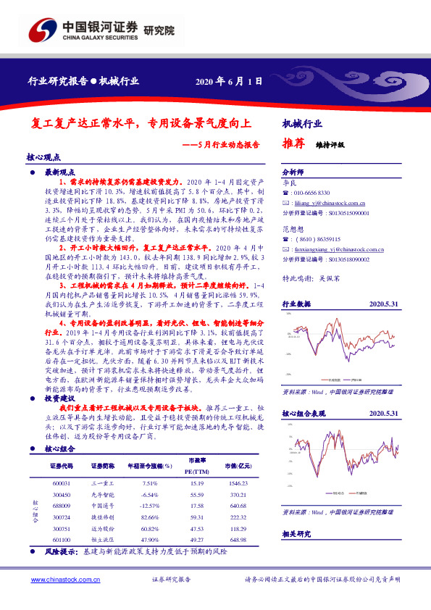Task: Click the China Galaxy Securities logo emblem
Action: point(44,30)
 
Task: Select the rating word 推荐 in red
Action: point(291,143)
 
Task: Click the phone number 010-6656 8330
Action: point(313,193)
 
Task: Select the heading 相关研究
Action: point(296,533)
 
